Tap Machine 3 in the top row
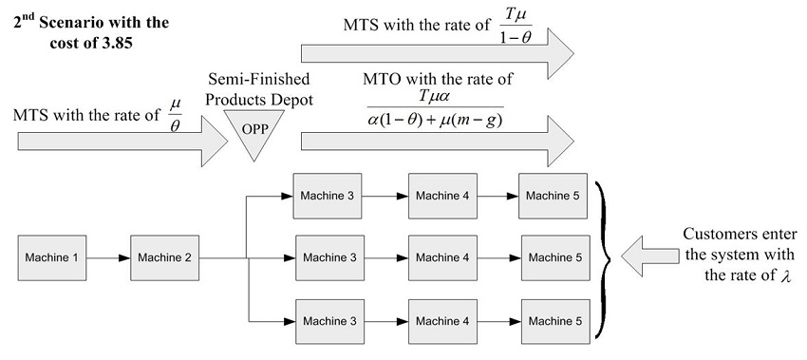coord(328,196)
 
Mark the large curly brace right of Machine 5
coord(602,256)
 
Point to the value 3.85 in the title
coord(122,44)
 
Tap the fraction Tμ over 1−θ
coord(516,26)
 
